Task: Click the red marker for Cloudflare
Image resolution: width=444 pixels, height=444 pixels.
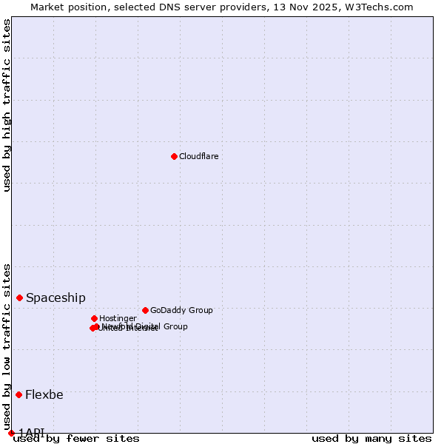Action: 174,156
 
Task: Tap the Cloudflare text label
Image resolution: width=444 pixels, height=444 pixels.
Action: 198,156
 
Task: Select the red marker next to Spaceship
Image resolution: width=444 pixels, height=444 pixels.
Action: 19,297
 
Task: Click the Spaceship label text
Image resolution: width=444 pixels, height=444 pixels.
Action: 55,297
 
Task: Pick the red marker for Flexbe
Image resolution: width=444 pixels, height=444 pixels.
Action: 18,394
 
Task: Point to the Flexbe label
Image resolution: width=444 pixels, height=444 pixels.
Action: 44,394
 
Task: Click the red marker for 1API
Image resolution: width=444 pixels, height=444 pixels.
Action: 11,433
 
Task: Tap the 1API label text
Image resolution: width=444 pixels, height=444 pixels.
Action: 31,433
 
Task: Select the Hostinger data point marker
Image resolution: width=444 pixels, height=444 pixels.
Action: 94,318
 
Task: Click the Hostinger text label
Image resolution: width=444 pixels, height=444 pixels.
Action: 118,318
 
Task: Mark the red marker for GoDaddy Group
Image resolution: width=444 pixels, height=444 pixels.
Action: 145,310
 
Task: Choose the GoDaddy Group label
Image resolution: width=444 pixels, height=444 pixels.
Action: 181,310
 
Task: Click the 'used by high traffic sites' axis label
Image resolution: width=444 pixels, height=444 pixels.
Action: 7,105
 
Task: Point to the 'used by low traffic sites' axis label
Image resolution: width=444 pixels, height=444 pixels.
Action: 7,347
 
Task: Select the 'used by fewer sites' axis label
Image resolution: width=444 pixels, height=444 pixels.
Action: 77,438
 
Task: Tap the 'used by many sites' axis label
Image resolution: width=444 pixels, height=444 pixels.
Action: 371,438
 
